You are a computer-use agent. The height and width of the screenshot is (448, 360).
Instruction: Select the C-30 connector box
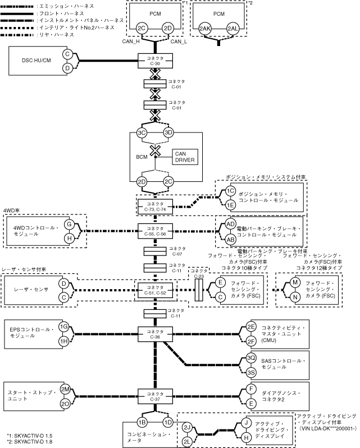(155, 61)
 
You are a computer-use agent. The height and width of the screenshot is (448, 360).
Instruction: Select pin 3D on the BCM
(168, 132)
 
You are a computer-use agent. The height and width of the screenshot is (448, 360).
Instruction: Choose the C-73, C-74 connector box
(155, 206)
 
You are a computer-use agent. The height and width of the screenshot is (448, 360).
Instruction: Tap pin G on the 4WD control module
(70, 224)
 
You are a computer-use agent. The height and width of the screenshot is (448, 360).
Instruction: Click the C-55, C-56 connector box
(155, 231)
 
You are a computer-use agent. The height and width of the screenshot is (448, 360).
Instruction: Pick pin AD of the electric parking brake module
(230, 223)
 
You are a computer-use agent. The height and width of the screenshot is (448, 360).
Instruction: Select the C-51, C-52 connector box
(155, 290)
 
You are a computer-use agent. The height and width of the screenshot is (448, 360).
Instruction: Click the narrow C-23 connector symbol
(198, 289)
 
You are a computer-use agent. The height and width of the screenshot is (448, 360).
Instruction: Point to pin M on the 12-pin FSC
(295, 282)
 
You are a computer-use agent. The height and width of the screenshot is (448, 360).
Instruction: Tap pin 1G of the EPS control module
(64, 326)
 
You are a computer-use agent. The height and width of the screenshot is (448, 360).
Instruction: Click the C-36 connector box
(155, 333)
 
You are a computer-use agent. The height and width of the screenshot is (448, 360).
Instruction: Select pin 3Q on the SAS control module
(251, 358)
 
